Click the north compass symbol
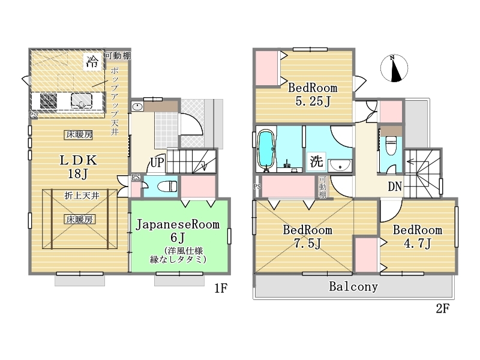click(394, 68)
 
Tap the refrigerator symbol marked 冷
click(92, 62)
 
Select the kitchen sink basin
click(82, 101)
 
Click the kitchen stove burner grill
click(49, 101)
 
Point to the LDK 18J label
click(78, 167)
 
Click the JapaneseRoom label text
click(178, 224)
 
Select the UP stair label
click(157, 162)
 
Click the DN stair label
click(395, 187)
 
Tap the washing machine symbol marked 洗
click(316, 161)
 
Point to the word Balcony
click(353, 287)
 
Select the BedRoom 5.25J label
click(313, 94)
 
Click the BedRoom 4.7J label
click(418, 236)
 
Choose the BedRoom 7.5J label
click(307, 236)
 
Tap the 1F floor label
click(221, 288)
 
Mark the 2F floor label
click(442, 308)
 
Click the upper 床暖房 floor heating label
click(79, 134)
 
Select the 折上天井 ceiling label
click(82, 196)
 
